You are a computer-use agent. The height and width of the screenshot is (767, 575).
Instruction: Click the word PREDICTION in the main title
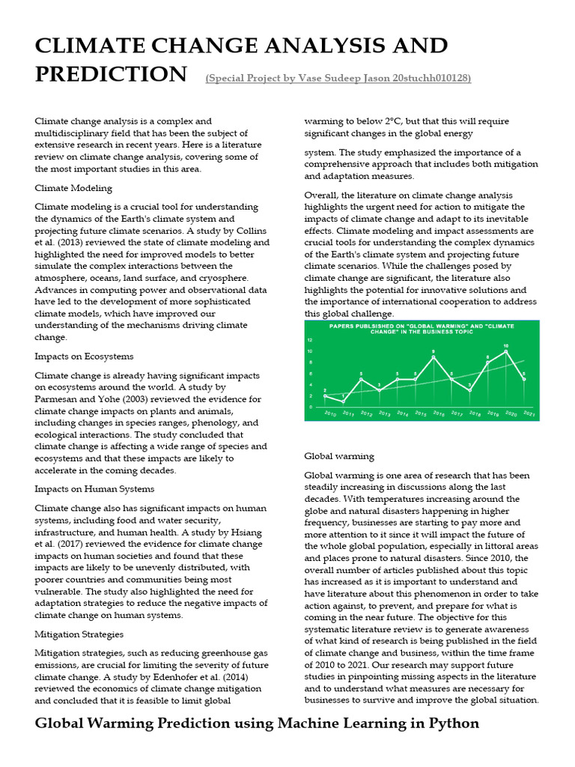point(111,74)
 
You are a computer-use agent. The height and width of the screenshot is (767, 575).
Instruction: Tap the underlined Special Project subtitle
point(338,78)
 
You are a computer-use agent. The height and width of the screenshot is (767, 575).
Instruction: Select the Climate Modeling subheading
point(73,188)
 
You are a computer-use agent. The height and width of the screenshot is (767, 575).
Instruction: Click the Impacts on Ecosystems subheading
point(84,356)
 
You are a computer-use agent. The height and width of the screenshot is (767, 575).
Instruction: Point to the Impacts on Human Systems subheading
point(94,488)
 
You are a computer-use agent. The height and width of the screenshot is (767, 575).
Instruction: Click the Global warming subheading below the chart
point(339,455)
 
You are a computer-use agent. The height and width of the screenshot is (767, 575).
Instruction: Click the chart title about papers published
point(422,329)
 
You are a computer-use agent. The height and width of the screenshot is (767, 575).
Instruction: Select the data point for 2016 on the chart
point(433,357)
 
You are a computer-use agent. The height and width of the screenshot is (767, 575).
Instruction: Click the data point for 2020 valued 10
point(506,351)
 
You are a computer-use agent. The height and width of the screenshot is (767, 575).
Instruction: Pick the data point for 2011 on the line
point(343,401)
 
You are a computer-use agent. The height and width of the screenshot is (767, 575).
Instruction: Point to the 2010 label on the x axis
point(329,413)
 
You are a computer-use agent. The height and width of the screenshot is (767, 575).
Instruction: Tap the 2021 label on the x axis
point(528,413)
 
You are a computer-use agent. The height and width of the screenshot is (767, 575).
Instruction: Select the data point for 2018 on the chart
point(469,390)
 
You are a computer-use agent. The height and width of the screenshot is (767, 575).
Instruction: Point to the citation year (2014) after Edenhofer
point(226,677)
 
